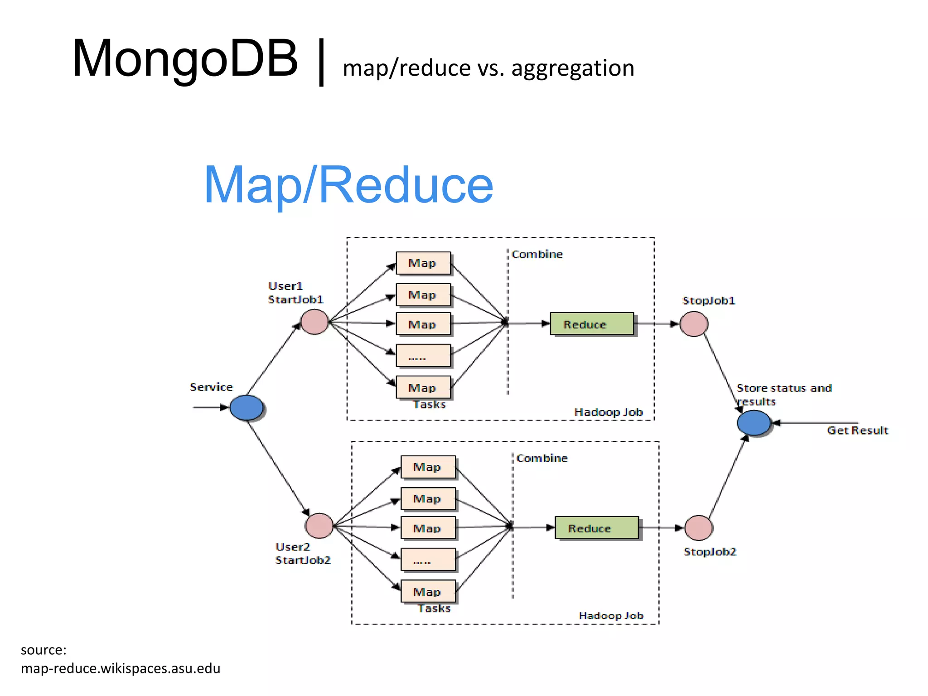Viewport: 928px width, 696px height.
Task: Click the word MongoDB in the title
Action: [x=185, y=59]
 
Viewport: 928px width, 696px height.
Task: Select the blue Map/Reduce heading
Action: [x=348, y=185]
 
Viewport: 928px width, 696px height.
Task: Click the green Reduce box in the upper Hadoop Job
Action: [x=592, y=324]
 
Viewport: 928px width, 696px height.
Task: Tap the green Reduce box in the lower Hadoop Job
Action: [x=596, y=528]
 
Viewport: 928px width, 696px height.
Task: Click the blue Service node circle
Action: [x=246, y=407]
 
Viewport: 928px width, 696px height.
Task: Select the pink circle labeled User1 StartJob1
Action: [x=314, y=322]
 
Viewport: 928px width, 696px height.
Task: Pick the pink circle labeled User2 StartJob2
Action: [x=319, y=526]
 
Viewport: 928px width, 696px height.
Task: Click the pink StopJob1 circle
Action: [x=694, y=324]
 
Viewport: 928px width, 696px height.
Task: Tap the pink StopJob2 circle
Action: [x=698, y=528]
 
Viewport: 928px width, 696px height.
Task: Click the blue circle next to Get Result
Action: [x=754, y=423]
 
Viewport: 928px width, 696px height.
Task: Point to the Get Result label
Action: [x=857, y=430]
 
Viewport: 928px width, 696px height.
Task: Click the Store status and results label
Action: [x=783, y=394]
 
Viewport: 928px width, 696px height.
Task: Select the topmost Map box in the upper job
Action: [x=423, y=263]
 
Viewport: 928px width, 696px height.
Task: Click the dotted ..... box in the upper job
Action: [x=423, y=356]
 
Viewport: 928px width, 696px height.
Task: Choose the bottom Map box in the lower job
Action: [x=428, y=591]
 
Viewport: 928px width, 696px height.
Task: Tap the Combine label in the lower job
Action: [x=542, y=459]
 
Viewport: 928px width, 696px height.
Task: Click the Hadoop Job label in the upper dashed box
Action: [x=608, y=412]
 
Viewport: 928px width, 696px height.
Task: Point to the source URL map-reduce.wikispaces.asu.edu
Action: [x=121, y=668]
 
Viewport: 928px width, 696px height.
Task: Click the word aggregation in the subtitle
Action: [x=573, y=68]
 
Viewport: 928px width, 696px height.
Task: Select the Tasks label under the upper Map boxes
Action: [x=429, y=405]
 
